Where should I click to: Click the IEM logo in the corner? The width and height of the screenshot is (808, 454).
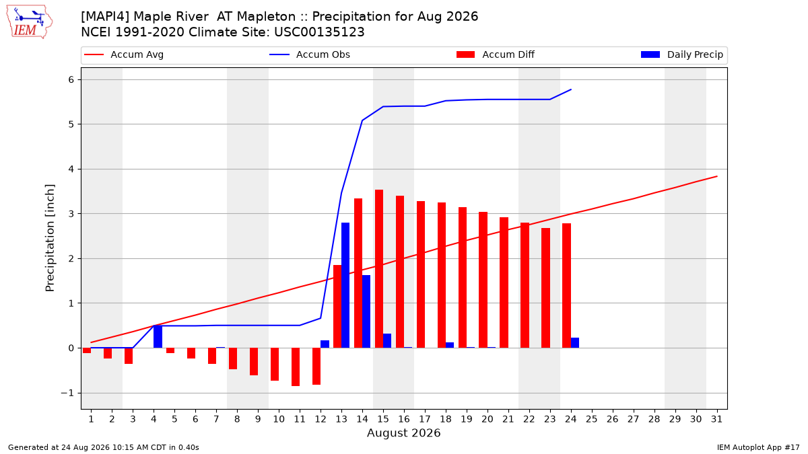click(29, 22)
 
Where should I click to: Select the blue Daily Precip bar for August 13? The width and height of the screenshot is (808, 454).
click(345, 285)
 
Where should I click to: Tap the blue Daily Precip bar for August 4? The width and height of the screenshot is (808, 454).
click(158, 336)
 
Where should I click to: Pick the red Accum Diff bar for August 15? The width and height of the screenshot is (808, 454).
click(378, 269)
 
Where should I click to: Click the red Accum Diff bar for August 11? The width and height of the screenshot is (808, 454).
click(296, 367)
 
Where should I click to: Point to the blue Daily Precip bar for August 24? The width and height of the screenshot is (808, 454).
click(575, 342)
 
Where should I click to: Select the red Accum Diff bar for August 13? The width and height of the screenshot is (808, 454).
click(337, 307)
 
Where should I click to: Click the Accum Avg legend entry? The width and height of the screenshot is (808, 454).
click(124, 54)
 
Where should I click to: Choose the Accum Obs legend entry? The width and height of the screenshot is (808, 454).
click(310, 54)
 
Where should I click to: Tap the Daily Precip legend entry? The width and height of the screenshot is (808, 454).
click(681, 54)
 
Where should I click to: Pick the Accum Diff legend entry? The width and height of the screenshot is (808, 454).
click(496, 54)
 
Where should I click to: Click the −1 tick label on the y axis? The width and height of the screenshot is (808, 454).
click(67, 393)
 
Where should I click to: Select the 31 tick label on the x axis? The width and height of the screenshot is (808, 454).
click(716, 419)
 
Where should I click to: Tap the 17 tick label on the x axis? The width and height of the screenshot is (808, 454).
click(425, 419)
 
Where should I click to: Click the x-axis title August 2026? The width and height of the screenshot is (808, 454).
click(403, 432)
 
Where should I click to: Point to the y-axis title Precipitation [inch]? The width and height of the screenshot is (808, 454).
click(50, 238)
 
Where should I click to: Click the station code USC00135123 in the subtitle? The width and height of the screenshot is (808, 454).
click(319, 32)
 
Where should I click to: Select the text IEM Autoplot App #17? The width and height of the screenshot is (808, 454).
click(758, 447)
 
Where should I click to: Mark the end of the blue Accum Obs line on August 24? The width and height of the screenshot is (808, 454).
click(571, 89)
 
